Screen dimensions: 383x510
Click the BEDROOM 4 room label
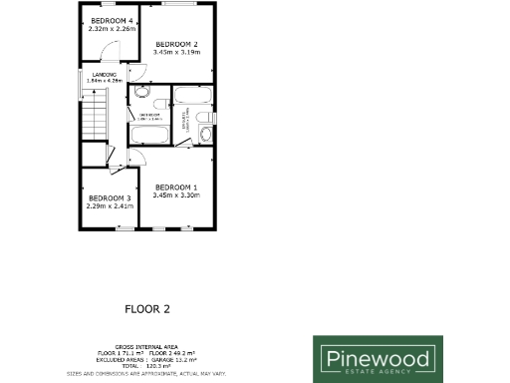[112, 21]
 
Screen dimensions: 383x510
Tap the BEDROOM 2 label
[177, 44]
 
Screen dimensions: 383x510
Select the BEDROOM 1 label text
[176, 188]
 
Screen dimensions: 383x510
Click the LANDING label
[105, 75]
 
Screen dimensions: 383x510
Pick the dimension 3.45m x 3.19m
[177, 52]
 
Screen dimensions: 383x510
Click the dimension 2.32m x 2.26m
[112, 29]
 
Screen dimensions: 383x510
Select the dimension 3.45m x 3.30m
[176, 195]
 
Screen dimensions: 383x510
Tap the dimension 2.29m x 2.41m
[110, 206]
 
